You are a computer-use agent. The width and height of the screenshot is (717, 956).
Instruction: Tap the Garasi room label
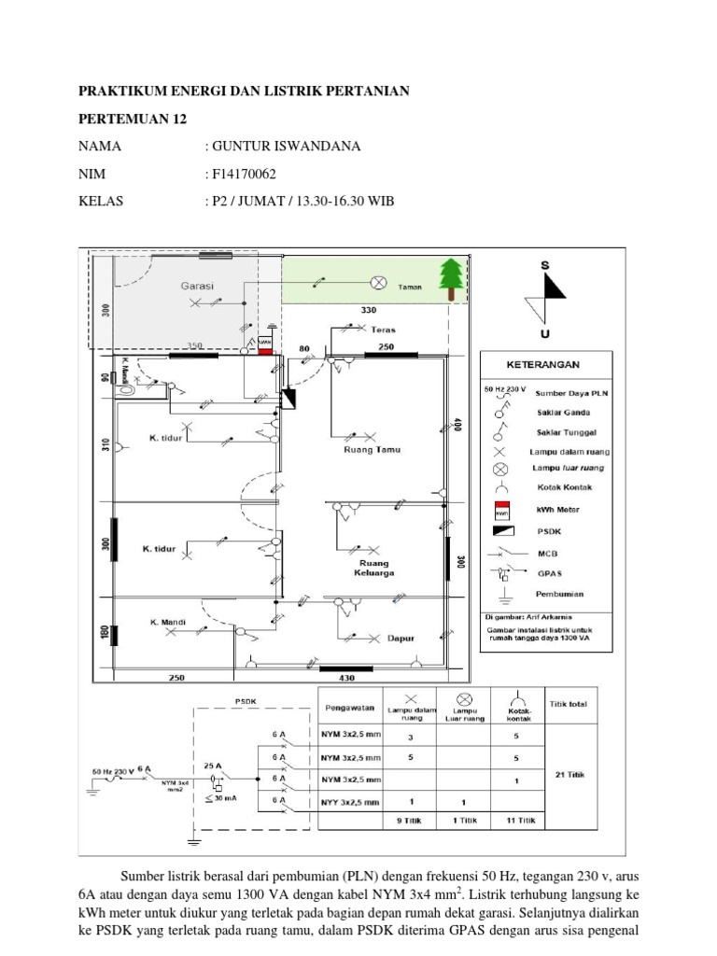pyautogui.click(x=198, y=284)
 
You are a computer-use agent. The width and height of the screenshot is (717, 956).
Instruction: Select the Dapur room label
pyautogui.click(x=401, y=639)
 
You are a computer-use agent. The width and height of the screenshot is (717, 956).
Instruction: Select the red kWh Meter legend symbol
pyautogui.click(x=500, y=510)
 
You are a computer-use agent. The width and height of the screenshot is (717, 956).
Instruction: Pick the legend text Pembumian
pyautogui.click(x=558, y=593)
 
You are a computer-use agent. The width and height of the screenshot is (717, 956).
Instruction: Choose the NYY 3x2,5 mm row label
pyautogui.click(x=352, y=802)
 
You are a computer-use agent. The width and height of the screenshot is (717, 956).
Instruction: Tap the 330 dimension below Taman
pyautogui.click(x=367, y=308)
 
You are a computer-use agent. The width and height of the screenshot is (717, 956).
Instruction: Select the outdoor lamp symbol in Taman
pyautogui.click(x=380, y=281)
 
